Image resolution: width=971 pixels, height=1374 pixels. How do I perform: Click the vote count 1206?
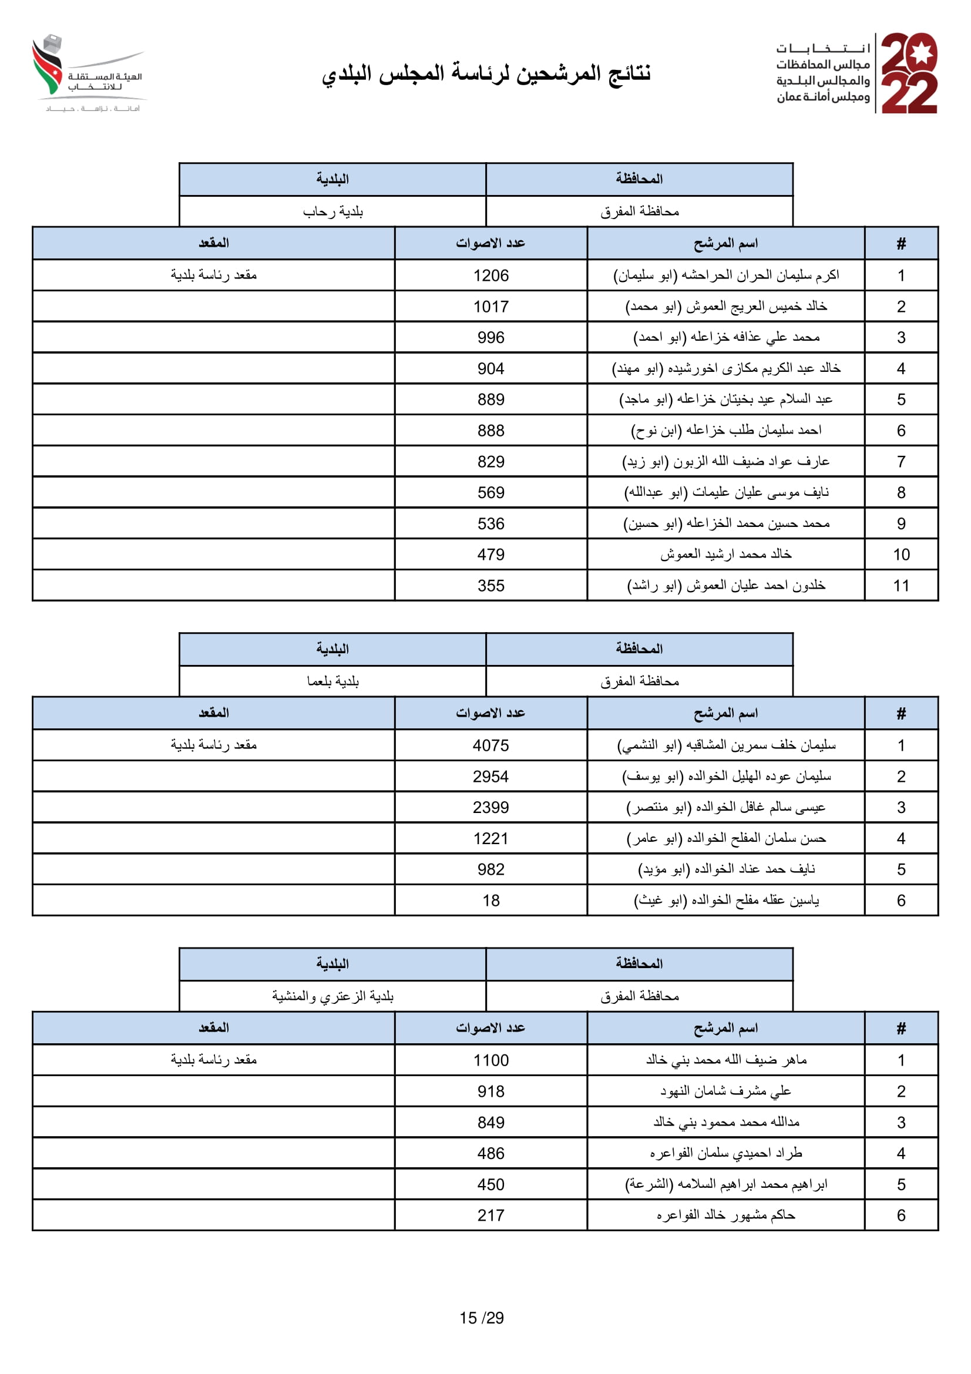click(x=490, y=276)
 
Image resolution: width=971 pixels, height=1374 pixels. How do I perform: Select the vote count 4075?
click(x=490, y=745)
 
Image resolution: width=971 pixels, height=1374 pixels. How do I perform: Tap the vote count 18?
click(x=490, y=900)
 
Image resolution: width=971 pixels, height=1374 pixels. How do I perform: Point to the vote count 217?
click(x=490, y=1215)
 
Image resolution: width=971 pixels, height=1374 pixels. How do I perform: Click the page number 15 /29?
click(x=482, y=1318)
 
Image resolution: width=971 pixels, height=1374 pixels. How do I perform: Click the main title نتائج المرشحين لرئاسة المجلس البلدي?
click(x=486, y=73)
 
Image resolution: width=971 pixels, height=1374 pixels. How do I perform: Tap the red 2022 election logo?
click(x=909, y=73)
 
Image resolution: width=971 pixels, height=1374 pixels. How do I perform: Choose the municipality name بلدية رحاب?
click(x=332, y=211)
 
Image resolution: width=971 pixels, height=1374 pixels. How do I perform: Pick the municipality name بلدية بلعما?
click(x=332, y=681)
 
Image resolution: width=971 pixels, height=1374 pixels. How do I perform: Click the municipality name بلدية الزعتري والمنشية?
click(x=332, y=996)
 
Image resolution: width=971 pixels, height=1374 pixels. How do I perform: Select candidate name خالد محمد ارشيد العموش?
click(x=725, y=554)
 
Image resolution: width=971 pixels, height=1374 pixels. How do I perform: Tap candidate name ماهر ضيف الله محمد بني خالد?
click(x=725, y=1060)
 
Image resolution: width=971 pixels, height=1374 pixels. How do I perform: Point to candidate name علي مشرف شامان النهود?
click(x=725, y=1091)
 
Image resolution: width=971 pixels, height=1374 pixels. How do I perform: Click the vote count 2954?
click(x=490, y=776)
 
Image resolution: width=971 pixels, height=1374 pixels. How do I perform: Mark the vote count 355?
click(x=490, y=585)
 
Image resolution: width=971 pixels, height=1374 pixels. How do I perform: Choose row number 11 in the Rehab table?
click(x=901, y=585)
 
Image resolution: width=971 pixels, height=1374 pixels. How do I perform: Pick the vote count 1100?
click(x=490, y=1060)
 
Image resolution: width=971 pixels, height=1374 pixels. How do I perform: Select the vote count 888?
click(x=490, y=430)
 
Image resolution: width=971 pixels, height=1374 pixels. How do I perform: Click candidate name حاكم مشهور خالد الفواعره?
click(x=725, y=1215)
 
